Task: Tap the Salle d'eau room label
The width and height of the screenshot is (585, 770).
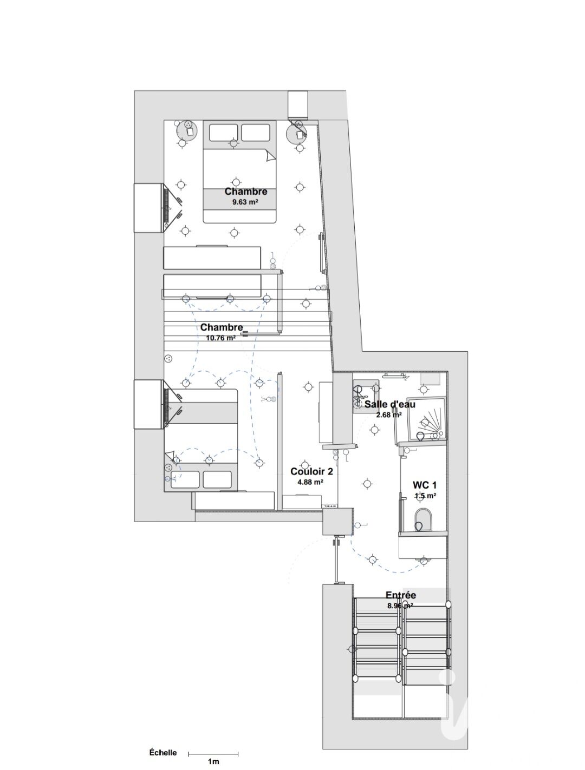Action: coord(390,404)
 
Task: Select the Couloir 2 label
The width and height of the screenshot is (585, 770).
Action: coord(311,471)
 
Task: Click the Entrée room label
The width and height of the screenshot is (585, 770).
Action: coord(401,595)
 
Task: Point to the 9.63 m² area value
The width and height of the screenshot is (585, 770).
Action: coord(245,202)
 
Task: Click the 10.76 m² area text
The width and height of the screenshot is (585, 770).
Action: coord(220,338)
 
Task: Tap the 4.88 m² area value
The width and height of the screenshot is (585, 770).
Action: coord(310,482)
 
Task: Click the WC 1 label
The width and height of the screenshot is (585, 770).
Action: coord(425,485)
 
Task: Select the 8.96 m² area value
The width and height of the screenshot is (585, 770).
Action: coord(400,606)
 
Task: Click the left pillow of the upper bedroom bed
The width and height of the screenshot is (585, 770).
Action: coord(224,133)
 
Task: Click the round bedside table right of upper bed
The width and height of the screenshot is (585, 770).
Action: coord(297,132)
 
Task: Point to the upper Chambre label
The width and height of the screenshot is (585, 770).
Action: coord(246,192)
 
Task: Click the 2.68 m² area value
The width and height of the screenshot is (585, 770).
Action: coord(389,414)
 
